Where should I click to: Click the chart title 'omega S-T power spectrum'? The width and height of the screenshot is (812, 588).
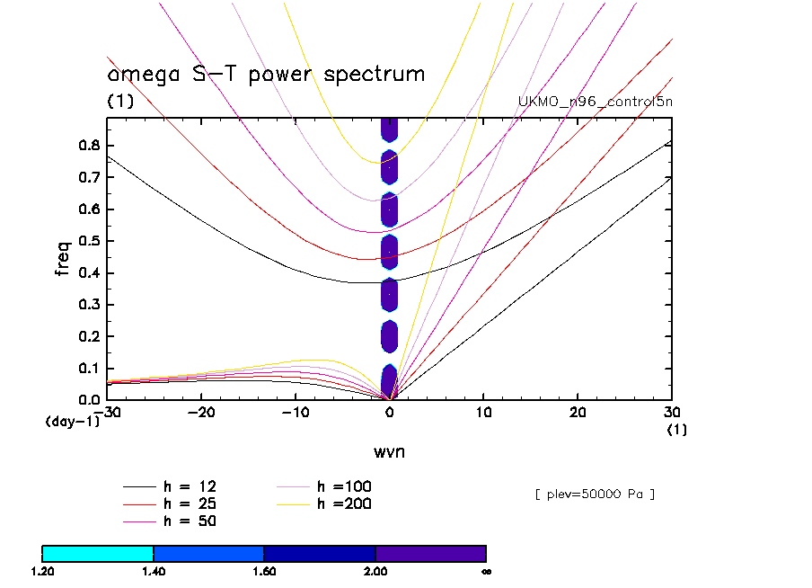pyautogui.click(x=266, y=74)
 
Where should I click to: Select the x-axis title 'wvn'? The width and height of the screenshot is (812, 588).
pyautogui.click(x=389, y=451)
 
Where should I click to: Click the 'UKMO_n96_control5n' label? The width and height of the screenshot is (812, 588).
pyautogui.click(x=596, y=101)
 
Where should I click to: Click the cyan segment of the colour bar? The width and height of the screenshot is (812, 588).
pyautogui.click(x=98, y=553)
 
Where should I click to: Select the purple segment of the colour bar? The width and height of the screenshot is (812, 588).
pyautogui.click(x=430, y=553)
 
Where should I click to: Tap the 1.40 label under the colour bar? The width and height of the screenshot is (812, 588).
pyautogui.click(x=154, y=571)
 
